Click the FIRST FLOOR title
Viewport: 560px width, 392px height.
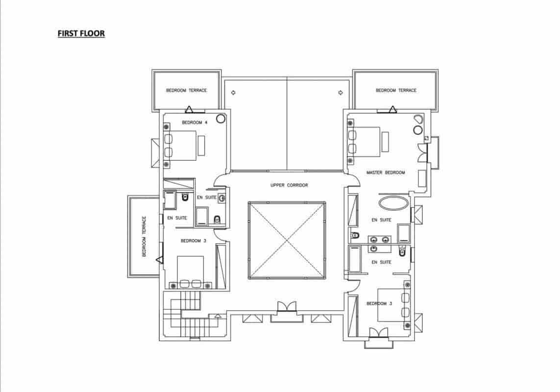coord(81,33)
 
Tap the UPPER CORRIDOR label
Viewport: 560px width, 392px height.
coord(289,185)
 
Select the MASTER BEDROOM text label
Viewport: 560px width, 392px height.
coord(386,172)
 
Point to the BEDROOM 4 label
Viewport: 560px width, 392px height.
coord(195,122)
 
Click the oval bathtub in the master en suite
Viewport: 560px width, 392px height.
coord(394,203)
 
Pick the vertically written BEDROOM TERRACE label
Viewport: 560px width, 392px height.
coord(144,236)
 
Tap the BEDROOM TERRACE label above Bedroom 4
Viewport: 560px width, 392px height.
coord(187,91)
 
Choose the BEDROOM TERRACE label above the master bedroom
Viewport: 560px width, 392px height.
coord(396,91)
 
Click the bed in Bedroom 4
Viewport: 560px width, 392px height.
coord(180,146)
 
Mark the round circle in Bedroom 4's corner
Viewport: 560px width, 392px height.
coord(220,119)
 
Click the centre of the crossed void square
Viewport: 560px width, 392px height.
coord(287,240)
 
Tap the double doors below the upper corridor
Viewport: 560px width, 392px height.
coord(287,307)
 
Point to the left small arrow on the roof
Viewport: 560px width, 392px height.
coord(233,93)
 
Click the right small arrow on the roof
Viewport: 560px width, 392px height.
coord(341,93)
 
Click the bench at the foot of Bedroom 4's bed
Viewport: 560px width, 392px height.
coord(201,146)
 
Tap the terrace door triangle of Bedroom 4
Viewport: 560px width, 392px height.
coord(189,109)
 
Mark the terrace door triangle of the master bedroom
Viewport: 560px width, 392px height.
coord(393,109)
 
